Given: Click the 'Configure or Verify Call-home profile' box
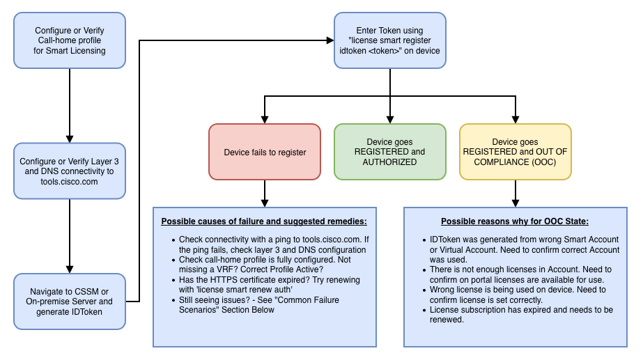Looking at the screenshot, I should (x=70, y=40).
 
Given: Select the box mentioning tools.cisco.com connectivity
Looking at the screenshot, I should (x=70, y=171).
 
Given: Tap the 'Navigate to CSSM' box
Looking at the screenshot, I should (x=70, y=302).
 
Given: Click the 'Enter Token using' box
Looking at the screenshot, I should (x=389, y=40).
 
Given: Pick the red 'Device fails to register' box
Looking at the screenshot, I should (x=265, y=152).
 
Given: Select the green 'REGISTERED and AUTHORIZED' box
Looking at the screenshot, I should (x=389, y=152).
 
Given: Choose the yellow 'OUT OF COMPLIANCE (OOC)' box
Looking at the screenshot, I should (x=515, y=152).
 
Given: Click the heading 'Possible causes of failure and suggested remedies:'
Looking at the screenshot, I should (x=264, y=221).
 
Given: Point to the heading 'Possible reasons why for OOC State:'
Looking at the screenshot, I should (x=515, y=221).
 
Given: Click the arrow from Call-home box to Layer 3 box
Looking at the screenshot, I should (x=70, y=104).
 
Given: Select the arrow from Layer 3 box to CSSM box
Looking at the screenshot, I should (x=70, y=235).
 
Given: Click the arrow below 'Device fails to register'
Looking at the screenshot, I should (x=265, y=193).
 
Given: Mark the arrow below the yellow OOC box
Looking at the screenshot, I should (x=515, y=193).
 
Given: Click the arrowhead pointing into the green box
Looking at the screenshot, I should (x=389, y=119).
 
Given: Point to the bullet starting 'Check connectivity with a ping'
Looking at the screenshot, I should (x=269, y=244).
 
